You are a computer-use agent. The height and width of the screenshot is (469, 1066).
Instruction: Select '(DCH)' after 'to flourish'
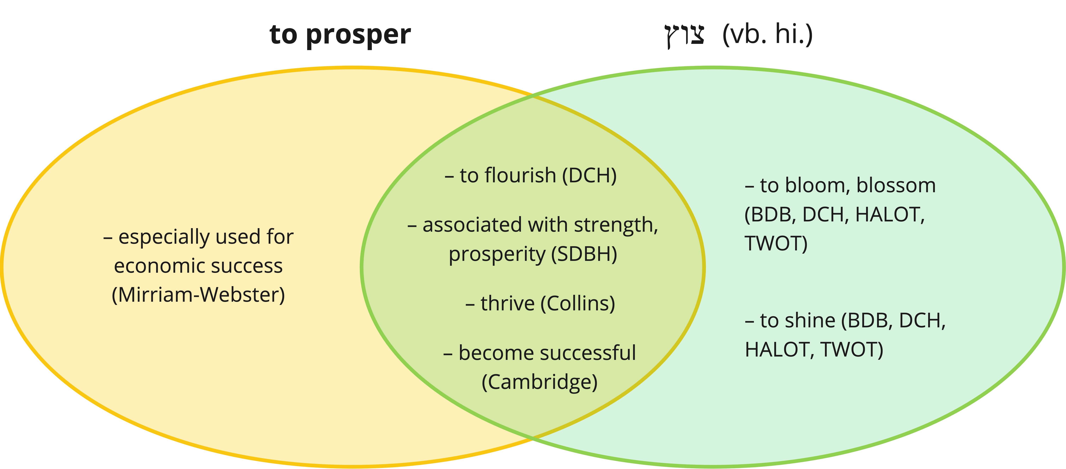point(589,175)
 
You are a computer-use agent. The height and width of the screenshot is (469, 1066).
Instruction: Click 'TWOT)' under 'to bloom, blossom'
point(776,243)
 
